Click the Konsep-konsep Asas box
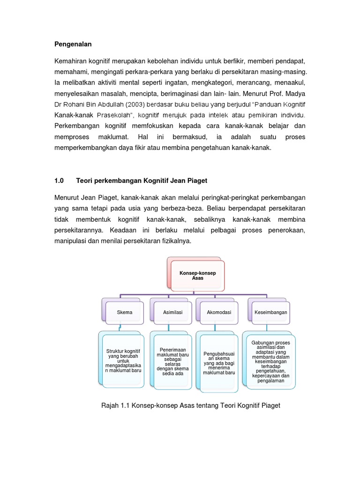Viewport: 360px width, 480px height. pyautogui.click(x=197, y=276)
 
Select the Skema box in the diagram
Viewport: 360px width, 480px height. pyautogui.click(x=125, y=312)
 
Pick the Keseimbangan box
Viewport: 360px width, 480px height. pyautogui.click(x=270, y=312)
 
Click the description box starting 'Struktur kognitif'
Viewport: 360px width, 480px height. pyautogui.click(x=124, y=360)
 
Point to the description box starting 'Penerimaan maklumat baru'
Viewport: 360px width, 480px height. pyautogui.click(x=171, y=361)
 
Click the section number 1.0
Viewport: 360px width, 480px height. pyautogui.click(x=59, y=180)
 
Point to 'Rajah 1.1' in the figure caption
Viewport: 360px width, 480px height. pyautogui.click(x=116, y=405)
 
